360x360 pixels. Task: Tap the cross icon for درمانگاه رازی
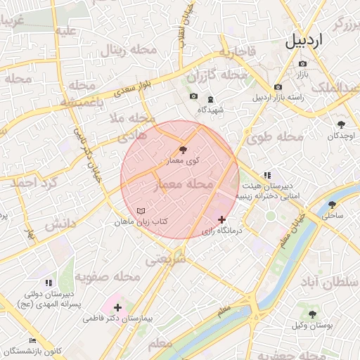pos(223,219)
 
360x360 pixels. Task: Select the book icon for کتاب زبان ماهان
pos(141,211)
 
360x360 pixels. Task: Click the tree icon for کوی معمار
pos(184,150)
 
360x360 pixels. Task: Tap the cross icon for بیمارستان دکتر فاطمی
pos(117,307)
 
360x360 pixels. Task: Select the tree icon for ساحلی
pos(332,205)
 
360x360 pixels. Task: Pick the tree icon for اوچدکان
pos(341,123)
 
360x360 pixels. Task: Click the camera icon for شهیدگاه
pos(193,97)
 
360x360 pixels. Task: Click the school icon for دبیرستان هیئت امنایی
pos(266,175)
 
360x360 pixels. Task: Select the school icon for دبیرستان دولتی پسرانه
pos(49,283)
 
